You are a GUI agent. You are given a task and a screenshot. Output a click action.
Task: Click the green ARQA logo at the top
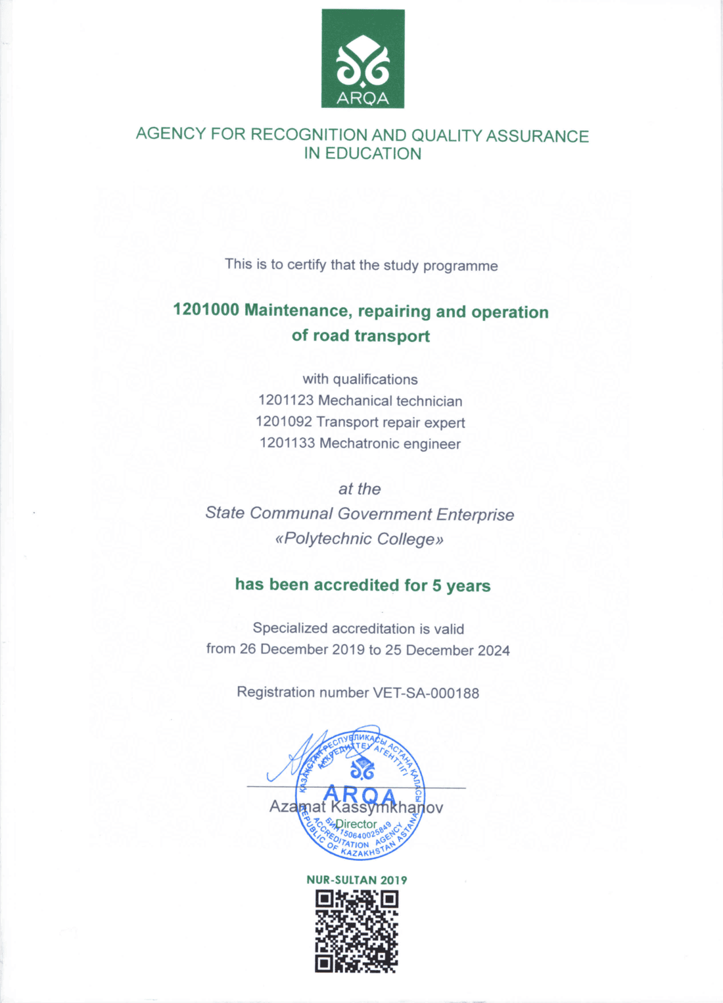[363, 59]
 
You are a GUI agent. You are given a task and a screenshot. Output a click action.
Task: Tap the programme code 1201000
[206, 310]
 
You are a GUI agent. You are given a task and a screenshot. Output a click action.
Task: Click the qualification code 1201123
[286, 400]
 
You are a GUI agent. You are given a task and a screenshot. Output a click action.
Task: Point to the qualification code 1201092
[283, 422]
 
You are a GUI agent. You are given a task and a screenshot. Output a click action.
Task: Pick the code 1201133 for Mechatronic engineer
[287, 443]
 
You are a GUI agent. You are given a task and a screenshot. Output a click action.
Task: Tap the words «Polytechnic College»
[360, 539]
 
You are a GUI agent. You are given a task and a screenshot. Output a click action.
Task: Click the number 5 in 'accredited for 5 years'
[436, 585]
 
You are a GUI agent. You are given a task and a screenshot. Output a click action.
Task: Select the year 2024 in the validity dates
[494, 650]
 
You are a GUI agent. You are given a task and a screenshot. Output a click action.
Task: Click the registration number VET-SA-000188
[426, 693]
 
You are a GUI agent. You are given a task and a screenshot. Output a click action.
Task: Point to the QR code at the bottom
[356, 931]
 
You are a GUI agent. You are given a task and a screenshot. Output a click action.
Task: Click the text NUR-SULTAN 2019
[356, 880]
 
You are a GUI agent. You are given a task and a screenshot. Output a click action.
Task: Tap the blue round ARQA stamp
[360, 795]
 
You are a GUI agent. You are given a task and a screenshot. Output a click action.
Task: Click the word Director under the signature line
[356, 824]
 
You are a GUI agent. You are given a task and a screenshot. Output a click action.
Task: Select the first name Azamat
[297, 807]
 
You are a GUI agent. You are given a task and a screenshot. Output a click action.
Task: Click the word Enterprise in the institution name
[475, 514]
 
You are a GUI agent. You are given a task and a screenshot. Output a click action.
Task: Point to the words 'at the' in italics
[360, 489]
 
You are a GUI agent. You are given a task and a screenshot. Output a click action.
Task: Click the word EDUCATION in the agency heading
[373, 154]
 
